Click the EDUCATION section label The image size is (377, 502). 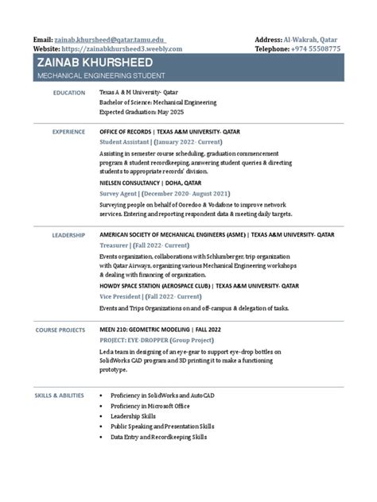tap(68, 93)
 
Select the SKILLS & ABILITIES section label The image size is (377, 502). tap(59, 395)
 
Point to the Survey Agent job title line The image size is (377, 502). tap(164, 193)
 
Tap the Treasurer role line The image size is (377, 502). tap(144, 246)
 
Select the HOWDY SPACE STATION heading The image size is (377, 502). tap(199, 285)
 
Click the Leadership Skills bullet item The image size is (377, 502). tap(134, 415)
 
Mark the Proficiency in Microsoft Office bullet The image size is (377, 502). tap(150, 405)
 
